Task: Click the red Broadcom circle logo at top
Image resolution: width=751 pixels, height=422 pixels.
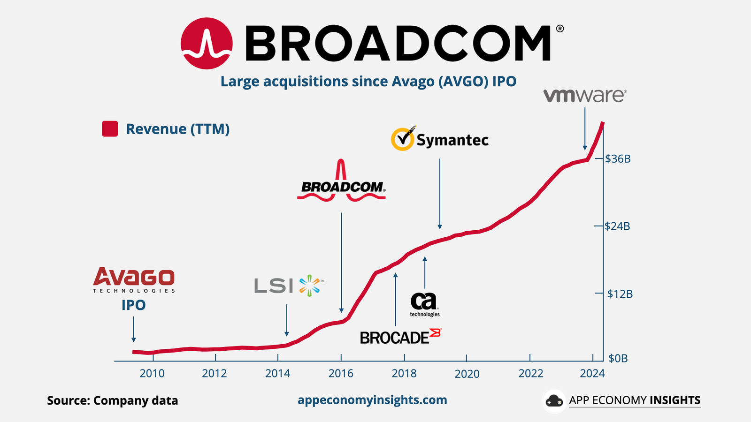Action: (207, 44)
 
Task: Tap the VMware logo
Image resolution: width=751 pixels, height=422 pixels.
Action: (585, 96)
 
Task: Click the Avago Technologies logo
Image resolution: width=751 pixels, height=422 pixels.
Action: (134, 280)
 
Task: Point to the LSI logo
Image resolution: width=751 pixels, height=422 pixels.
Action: (289, 285)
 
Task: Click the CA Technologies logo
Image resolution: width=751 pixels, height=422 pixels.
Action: (424, 304)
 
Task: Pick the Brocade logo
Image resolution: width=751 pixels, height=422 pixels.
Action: (400, 337)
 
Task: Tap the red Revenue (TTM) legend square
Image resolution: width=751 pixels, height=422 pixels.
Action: (110, 129)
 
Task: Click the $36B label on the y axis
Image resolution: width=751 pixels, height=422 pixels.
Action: (618, 159)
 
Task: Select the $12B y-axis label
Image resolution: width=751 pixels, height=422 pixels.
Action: (620, 294)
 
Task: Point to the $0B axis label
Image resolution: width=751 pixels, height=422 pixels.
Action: (618, 359)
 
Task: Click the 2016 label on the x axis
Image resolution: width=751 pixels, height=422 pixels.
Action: (341, 374)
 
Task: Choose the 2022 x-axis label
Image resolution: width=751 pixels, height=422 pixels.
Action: (530, 374)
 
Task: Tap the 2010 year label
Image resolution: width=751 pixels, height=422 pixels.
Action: (152, 374)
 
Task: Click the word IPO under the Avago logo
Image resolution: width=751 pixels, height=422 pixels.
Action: (134, 305)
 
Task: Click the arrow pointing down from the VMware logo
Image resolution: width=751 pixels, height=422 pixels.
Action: (585, 129)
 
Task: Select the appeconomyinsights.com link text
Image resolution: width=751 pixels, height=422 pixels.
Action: (372, 400)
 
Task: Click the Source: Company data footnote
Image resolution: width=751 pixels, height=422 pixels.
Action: (113, 400)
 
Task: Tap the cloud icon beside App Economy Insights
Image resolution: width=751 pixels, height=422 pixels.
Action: (554, 401)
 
